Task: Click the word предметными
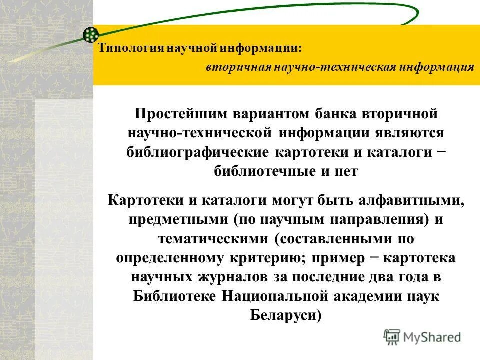pos(178,219)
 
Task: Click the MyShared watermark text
pos(431,337)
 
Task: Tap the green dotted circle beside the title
pos(90,34)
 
